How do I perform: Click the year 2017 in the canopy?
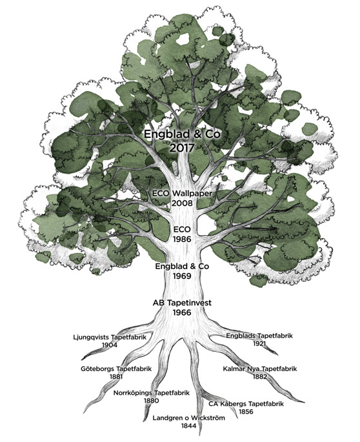(x=181, y=148)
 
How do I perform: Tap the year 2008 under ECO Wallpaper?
(x=182, y=203)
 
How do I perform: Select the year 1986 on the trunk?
(x=182, y=239)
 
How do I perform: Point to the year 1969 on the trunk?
(x=182, y=276)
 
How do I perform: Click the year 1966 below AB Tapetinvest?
(x=182, y=312)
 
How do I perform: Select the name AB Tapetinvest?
(x=182, y=303)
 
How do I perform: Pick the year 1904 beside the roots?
(x=110, y=345)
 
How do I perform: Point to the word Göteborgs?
(x=97, y=368)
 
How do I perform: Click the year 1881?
(x=116, y=377)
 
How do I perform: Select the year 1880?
(x=152, y=401)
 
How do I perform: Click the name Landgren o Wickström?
(x=188, y=417)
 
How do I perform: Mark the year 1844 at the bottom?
(x=188, y=426)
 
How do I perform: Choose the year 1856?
(x=246, y=412)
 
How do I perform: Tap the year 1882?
(x=259, y=377)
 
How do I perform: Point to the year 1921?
(x=259, y=344)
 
